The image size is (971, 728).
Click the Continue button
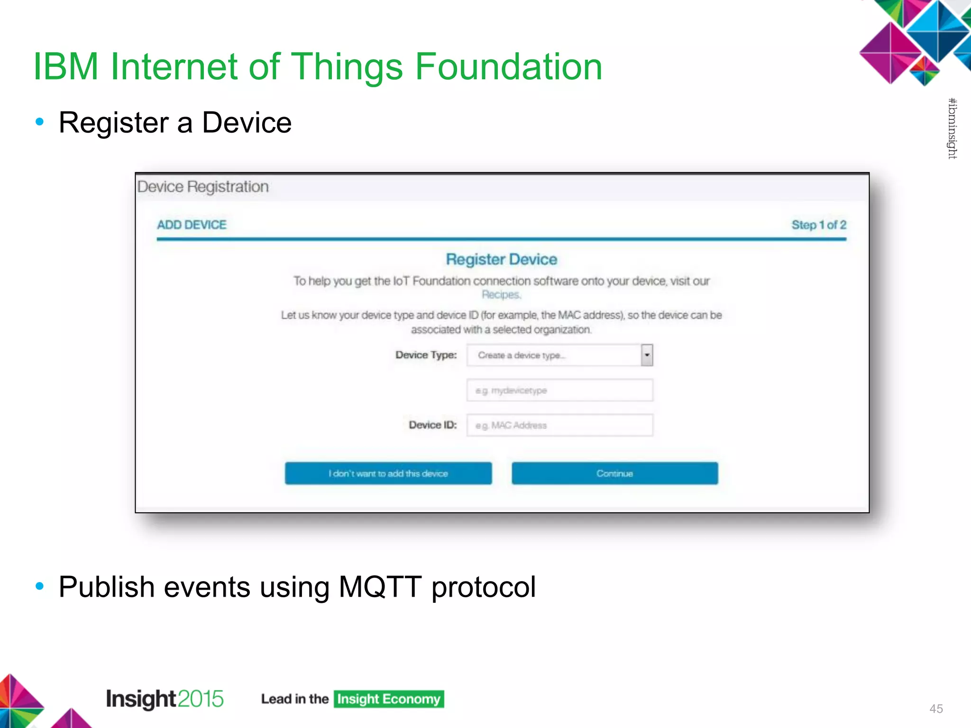[x=614, y=473]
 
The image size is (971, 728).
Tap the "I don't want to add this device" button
[x=388, y=473]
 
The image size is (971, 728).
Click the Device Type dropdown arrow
[x=647, y=355]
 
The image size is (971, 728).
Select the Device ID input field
[x=559, y=425]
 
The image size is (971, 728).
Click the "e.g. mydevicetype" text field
[x=559, y=390]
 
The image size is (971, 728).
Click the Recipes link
[x=501, y=294]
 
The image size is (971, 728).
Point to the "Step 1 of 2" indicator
[x=818, y=225]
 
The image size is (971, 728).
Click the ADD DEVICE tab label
[x=192, y=225]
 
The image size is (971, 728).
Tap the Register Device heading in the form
[x=501, y=259]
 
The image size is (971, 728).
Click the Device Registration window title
[x=203, y=187]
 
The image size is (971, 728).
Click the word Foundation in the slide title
[x=508, y=66]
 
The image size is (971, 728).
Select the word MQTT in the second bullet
[x=380, y=587]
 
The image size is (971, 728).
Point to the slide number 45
[x=936, y=709]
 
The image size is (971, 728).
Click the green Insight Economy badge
[x=389, y=699]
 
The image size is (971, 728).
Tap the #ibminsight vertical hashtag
[x=952, y=128]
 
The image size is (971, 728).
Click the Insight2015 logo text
[x=165, y=699]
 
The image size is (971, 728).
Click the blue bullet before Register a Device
[x=40, y=122]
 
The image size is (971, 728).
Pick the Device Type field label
[x=426, y=355]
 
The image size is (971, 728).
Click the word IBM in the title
[x=66, y=66]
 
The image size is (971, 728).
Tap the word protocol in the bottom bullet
[x=484, y=587]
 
